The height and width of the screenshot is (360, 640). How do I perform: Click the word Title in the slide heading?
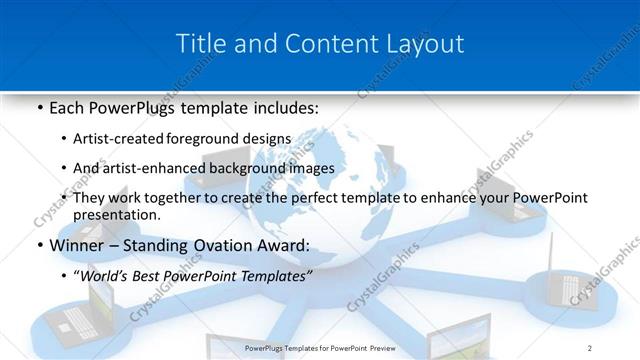pyautogui.click(x=200, y=44)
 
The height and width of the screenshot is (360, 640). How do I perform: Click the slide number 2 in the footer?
pyautogui.click(x=590, y=348)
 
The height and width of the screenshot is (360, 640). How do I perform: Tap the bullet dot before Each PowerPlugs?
pyautogui.click(x=38, y=106)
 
